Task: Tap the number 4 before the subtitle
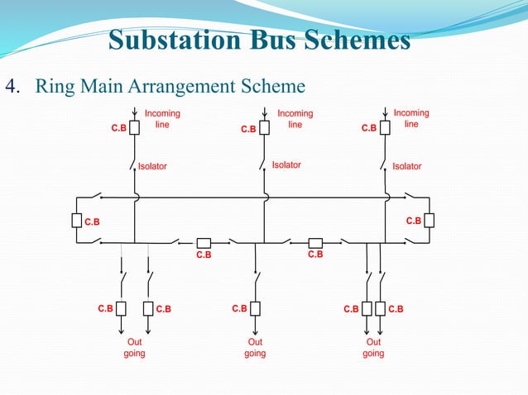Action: coord(12,86)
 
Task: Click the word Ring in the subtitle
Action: coord(55,86)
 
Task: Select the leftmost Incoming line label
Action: coord(162,118)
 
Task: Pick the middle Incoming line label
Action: coord(295,118)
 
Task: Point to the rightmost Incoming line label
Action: coord(411,118)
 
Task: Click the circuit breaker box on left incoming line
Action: coord(134,129)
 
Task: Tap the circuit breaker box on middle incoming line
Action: coord(264,128)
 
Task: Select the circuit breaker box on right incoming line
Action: coord(385,128)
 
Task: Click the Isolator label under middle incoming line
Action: coord(286,165)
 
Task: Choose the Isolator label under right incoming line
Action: coord(406,166)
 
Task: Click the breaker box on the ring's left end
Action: coord(76,221)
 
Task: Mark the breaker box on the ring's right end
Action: coord(428,221)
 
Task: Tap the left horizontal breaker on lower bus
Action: coord(204,242)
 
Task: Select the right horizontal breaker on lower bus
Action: coord(314,242)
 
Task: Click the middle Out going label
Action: coord(255,347)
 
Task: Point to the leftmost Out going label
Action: coord(134,347)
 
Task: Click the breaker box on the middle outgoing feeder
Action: coord(255,308)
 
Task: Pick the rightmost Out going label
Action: coord(373,347)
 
